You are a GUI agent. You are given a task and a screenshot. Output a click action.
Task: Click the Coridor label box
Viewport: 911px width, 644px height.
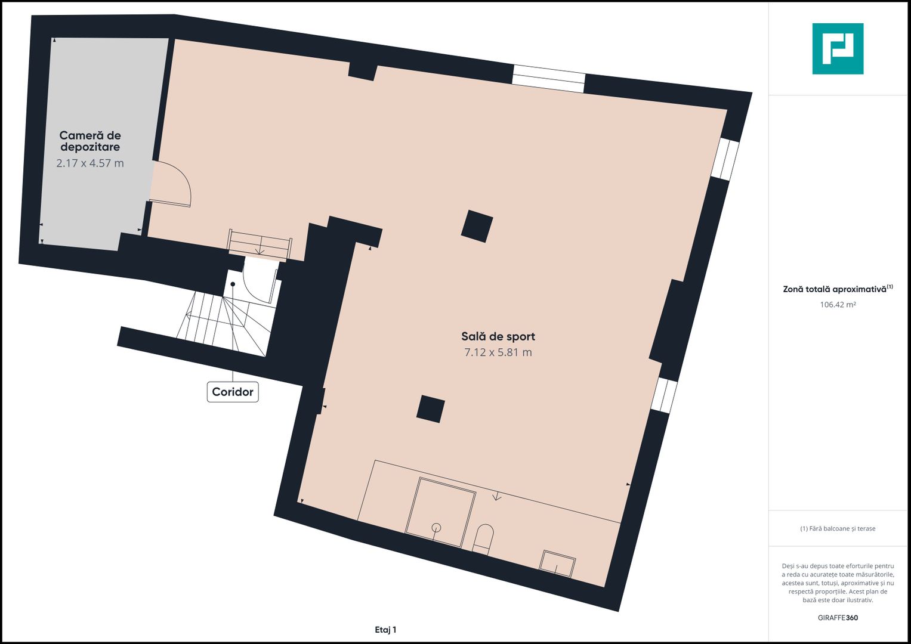(x=233, y=392)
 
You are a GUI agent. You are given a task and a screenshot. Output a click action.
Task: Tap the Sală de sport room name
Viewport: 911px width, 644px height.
(x=498, y=336)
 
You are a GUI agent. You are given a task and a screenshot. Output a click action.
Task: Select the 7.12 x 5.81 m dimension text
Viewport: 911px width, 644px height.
(x=498, y=352)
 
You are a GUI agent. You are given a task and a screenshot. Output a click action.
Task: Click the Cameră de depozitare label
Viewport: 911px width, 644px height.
(x=90, y=141)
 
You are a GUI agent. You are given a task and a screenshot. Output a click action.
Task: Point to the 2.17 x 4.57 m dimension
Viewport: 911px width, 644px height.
(x=90, y=163)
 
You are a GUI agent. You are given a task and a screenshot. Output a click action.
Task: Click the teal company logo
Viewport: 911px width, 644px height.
(x=838, y=49)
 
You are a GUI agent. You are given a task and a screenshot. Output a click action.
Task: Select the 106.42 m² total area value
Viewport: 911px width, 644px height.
(x=838, y=305)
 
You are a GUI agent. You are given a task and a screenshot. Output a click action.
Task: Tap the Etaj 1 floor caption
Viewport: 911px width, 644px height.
(x=385, y=630)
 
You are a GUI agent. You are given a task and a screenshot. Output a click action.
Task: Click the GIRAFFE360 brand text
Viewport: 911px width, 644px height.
(x=838, y=618)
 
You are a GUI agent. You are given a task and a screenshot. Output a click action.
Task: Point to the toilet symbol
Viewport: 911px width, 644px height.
(x=483, y=538)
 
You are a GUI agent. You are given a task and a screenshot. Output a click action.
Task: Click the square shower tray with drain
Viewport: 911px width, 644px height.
(x=440, y=512)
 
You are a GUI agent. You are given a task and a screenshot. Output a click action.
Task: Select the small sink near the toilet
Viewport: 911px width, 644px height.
(x=557, y=563)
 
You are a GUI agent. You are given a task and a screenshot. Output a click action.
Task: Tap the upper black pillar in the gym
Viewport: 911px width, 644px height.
(x=477, y=226)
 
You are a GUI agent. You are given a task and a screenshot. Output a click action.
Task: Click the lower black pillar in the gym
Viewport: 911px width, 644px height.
(x=430, y=409)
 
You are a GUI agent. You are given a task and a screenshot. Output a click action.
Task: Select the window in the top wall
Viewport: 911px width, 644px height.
(x=548, y=79)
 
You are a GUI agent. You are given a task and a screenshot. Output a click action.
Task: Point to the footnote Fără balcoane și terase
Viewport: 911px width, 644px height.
(x=838, y=528)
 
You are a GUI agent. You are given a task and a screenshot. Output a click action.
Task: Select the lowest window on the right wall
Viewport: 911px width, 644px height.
(x=663, y=395)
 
